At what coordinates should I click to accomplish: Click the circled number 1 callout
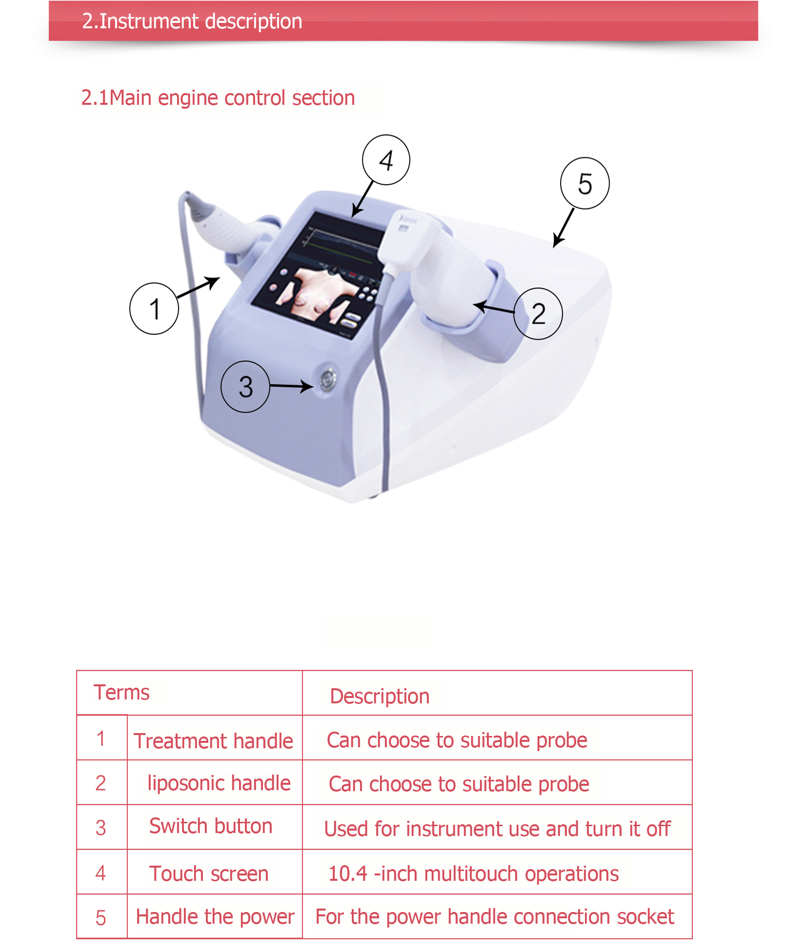click(x=154, y=309)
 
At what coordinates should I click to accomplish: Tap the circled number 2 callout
click(x=538, y=313)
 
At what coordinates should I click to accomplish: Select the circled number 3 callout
click(x=245, y=387)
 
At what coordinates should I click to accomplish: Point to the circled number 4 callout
click(x=386, y=160)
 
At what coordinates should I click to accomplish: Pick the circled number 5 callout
click(x=585, y=183)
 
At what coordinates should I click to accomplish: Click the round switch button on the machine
click(x=327, y=378)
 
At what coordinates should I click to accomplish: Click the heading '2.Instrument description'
click(x=192, y=21)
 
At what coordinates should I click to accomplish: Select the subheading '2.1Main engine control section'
click(x=218, y=98)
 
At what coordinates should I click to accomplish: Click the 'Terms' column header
click(x=122, y=692)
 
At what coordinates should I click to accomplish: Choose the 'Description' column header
click(x=380, y=697)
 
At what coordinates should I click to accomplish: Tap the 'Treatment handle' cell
click(x=214, y=741)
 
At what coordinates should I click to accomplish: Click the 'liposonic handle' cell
click(x=219, y=783)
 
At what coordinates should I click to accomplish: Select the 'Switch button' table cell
click(x=211, y=826)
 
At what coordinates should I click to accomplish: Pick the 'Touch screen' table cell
click(x=209, y=873)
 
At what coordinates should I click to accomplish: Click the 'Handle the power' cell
click(x=215, y=917)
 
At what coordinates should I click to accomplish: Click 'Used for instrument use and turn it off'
click(x=497, y=829)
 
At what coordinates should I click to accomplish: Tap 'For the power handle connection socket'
click(x=495, y=917)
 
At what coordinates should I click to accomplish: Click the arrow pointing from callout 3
click(x=292, y=386)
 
